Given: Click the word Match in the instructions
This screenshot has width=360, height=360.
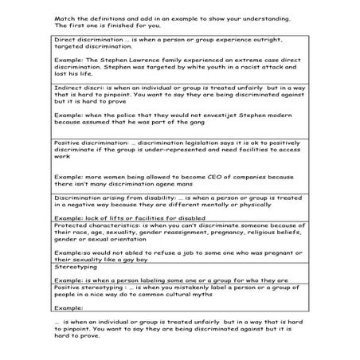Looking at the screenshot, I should point(65,18).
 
